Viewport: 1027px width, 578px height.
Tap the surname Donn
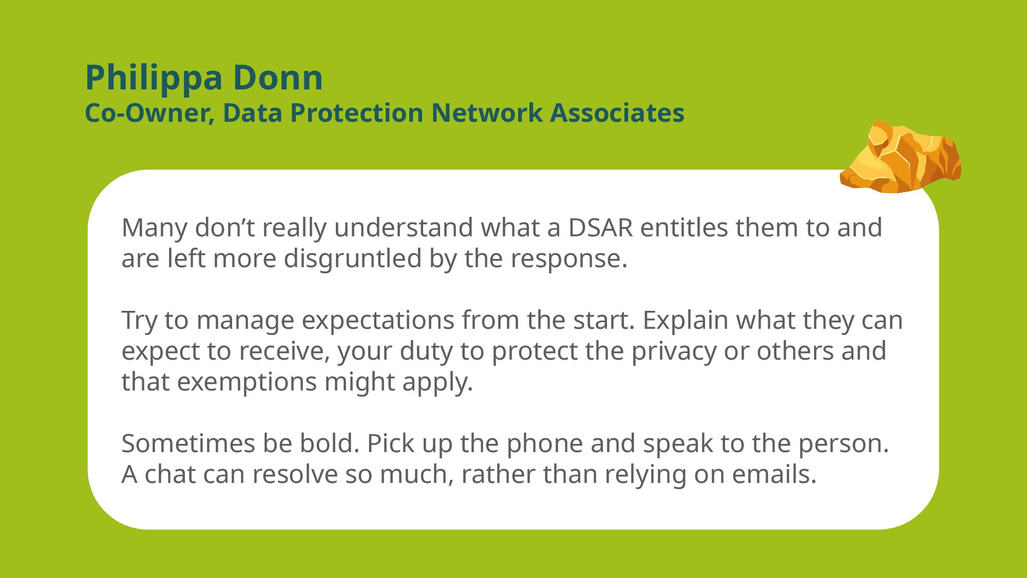coord(278,78)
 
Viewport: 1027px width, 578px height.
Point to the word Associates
coord(617,113)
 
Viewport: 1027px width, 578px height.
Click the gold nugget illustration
coord(901,157)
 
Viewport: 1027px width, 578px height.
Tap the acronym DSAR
coord(601,228)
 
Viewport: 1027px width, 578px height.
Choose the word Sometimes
coord(189,443)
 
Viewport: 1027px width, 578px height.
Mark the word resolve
coord(295,474)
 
